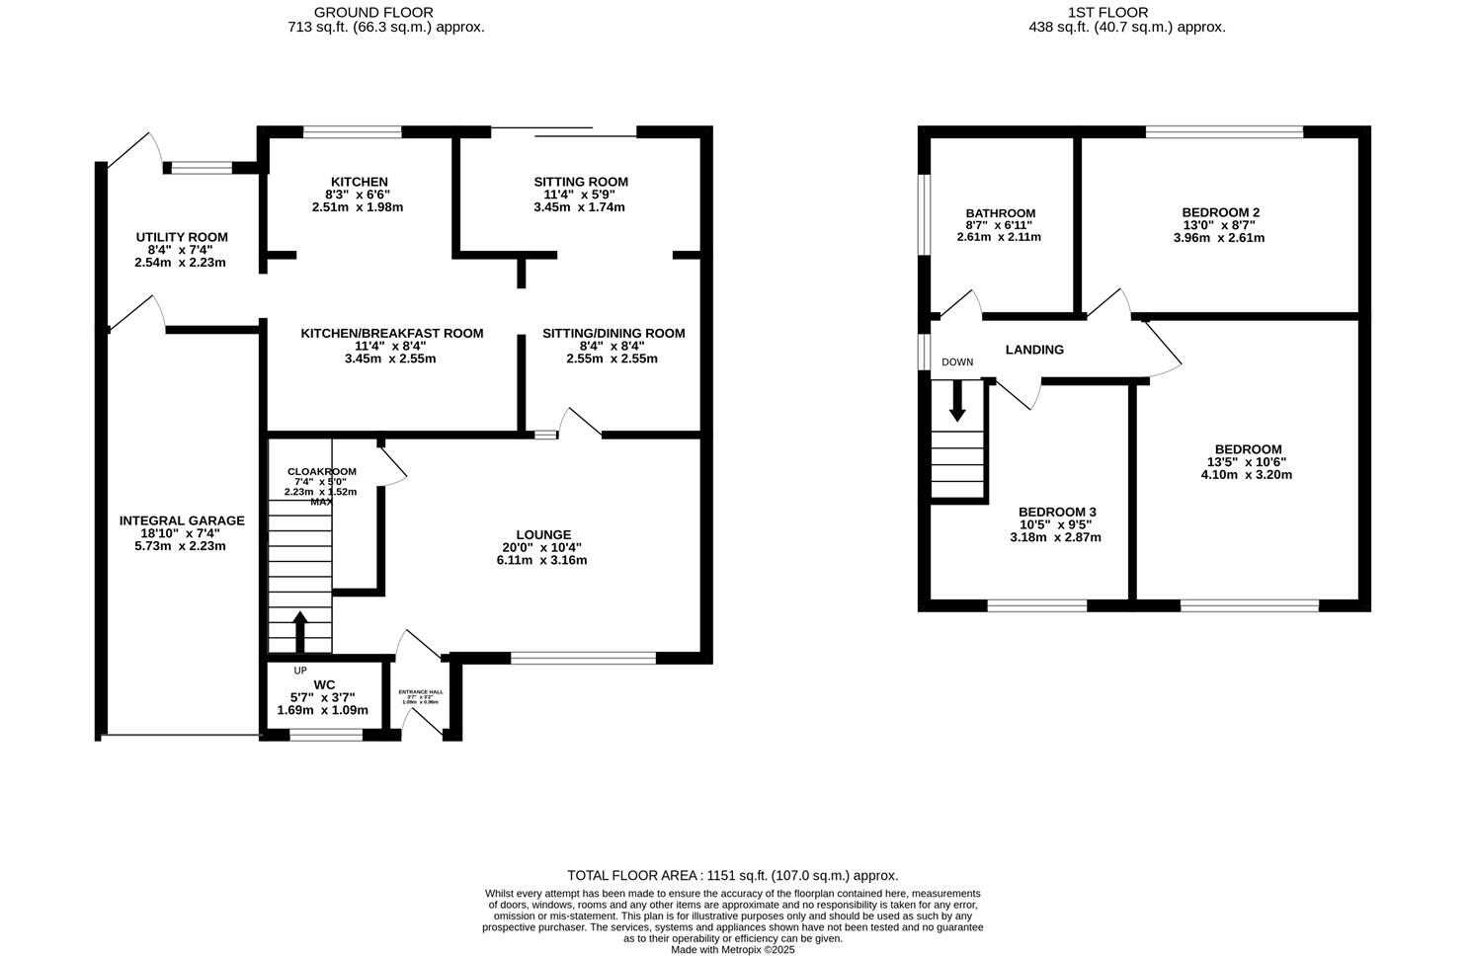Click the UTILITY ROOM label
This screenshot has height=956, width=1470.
tap(182, 237)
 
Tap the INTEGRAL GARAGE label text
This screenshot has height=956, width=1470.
tap(182, 520)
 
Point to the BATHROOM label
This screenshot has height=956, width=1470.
tap(1000, 213)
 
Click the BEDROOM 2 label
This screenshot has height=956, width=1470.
tap(1220, 212)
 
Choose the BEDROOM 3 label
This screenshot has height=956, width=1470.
tap(1057, 512)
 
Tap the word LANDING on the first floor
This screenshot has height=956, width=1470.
tap(1034, 350)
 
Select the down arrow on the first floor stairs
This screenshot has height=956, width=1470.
tap(956, 401)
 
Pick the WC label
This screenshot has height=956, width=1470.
tap(324, 684)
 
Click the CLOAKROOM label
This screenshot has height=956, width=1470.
tap(321, 471)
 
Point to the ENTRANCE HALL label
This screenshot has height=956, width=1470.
tap(420, 691)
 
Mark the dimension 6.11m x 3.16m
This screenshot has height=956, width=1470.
tap(541, 560)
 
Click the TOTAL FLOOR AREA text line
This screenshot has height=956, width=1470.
tap(732, 875)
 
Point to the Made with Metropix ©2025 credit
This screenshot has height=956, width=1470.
tap(732, 949)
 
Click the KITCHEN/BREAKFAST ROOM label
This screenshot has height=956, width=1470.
tap(392, 333)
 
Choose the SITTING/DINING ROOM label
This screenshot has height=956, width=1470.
tap(612, 333)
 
